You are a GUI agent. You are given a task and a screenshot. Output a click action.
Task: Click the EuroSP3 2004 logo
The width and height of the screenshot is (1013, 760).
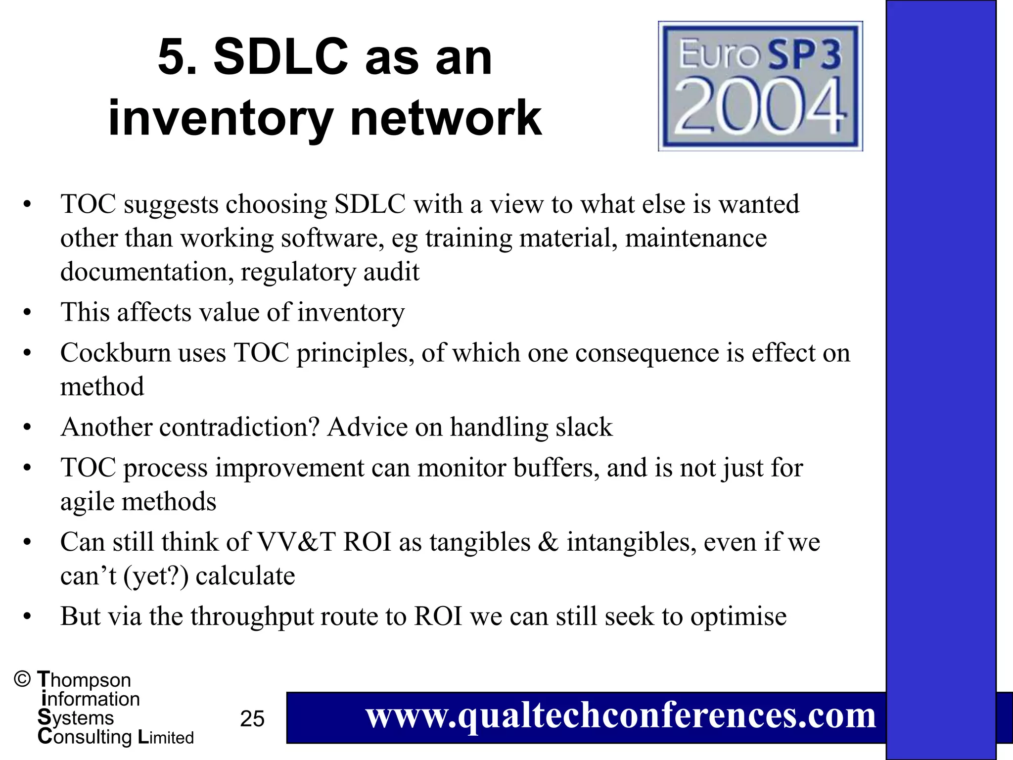tap(760, 86)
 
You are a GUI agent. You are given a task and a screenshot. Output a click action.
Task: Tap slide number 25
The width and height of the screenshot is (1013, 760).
tap(252, 718)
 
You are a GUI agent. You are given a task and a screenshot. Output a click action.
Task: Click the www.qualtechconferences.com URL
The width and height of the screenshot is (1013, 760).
tap(620, 716)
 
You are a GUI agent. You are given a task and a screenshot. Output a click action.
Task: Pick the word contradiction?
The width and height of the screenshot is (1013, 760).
tap(239, 427)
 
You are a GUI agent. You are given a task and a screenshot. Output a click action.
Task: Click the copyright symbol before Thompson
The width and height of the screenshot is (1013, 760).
tap(22, 679)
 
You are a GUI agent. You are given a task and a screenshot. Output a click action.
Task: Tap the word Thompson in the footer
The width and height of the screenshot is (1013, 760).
tap(84, 680)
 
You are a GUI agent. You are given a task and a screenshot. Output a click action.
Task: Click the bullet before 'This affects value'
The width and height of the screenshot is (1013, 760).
tap(27, 313)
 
